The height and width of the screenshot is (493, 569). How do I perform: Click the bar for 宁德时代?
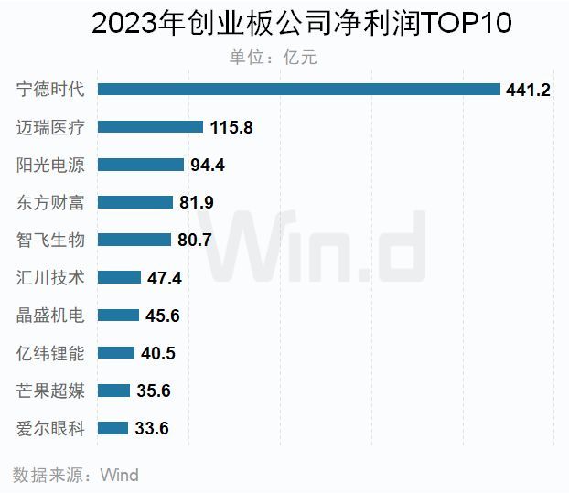tap(298, 89)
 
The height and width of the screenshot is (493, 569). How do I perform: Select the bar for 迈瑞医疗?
tap(150, 127)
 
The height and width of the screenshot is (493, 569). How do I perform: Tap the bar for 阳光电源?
tap(140, 165)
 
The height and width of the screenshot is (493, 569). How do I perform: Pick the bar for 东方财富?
tap(134, 202)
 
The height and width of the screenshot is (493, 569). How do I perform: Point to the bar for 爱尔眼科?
tap(113, 428)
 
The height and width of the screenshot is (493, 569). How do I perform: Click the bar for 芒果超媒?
tap(113, 391)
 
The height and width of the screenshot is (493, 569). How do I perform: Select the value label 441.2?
tap(528, 90)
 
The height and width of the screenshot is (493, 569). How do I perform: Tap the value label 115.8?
tap(231, 128)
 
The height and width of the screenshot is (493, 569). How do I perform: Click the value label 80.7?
tap(196, 241)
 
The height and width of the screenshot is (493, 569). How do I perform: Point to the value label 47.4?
tap(165, 278)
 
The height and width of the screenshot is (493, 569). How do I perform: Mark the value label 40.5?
tap(157, 353)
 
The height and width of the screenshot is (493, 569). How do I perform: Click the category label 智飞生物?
tap(51, 240)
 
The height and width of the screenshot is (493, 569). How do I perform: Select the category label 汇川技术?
tap(51, 277)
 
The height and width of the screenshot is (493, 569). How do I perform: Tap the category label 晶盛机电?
tap(51, 316)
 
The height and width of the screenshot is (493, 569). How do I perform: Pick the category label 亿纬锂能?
tap(51, 353)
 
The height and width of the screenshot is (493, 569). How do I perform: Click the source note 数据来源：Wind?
tap(75, 475)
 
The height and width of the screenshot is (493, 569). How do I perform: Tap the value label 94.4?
tap(207, 166)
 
